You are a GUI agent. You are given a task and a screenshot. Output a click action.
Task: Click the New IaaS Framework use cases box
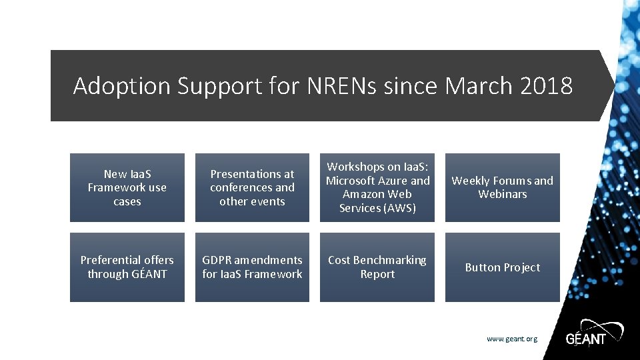pyautogui.click(x=127, y=187)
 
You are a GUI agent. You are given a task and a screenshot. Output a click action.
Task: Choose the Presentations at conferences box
pyautogui.click(x=252, y=187)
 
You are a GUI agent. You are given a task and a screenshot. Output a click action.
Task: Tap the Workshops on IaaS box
pyautogui.click(x=377, y=187)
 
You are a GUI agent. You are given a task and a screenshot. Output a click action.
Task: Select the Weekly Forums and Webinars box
pyautogui.click(x=503, y=187)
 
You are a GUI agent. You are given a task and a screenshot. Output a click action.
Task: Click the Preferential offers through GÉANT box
pyautogui.click(x=127, y=267)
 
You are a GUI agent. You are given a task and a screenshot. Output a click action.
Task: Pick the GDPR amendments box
pyautogui.click(x=252, y=267)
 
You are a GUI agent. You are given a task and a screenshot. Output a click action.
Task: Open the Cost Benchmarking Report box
pyautogui.click(x=377, y=267)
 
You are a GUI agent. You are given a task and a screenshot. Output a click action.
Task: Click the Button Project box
pyautogui.click(x=503, y=267)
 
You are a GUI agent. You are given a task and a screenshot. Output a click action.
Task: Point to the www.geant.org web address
pyautogui.click(x=511, y=339)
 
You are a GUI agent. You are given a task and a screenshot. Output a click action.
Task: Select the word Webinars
pyautogui.click(x=503, y=195)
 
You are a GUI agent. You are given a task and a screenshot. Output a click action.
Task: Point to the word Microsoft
pyautogui.click(x=350, y=181)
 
